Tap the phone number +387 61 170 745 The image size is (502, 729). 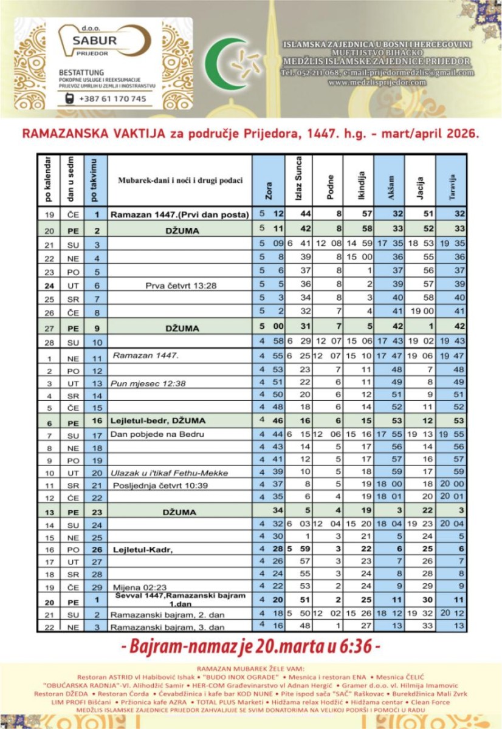112,98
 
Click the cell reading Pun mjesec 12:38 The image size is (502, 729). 140,383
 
